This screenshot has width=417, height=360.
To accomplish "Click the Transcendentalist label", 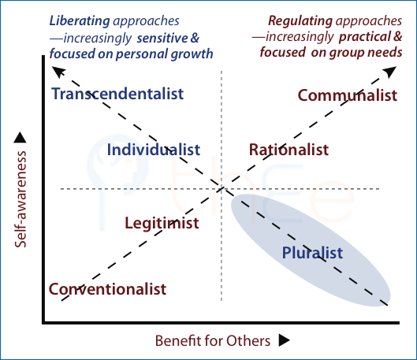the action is coord(117,94).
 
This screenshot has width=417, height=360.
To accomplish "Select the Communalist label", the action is coord(348,95).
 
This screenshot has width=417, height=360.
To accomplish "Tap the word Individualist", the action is coord(154,150).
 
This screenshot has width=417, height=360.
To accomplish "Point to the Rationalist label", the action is coord(289,150).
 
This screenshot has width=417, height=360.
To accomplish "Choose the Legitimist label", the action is coord(162,223).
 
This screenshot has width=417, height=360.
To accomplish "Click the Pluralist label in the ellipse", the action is coord(312,252).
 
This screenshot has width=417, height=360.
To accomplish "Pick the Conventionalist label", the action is coord(107,289).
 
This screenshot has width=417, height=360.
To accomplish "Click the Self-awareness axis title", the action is coord(20,199).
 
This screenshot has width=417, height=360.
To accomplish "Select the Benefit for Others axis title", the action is coord(213,340).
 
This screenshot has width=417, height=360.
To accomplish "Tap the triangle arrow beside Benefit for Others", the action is coord(284,340).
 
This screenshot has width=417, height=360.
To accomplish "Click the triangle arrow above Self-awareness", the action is coord(20,137).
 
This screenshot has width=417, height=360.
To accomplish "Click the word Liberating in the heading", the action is coord(80,21).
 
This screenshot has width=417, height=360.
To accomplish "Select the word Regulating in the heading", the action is coord(300,20).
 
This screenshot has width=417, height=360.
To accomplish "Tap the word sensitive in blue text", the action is coord(162,38).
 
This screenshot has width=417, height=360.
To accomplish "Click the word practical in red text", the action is coord(365,37).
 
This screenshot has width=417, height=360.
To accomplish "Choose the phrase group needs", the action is coord(366,52).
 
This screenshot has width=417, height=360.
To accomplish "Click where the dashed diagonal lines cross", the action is coord(222,189).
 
